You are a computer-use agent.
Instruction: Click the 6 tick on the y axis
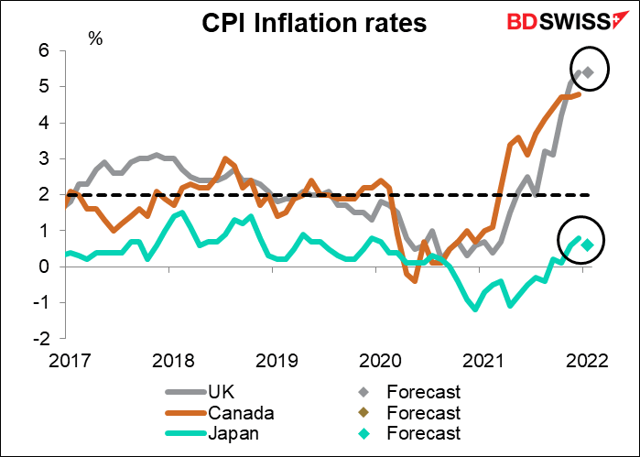41,51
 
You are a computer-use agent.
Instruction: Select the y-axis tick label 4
41,123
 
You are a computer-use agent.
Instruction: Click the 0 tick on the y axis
41,267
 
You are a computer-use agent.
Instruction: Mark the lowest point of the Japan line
476,309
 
